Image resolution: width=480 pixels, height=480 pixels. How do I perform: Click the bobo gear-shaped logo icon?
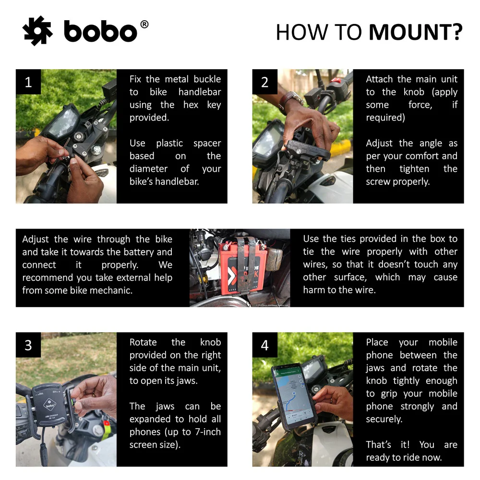(37, 31)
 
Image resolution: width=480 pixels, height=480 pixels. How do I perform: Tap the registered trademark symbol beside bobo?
(144, 24)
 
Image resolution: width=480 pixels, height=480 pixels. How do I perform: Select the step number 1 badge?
(28, 82)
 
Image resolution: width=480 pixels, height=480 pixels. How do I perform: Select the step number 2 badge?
(265, 82)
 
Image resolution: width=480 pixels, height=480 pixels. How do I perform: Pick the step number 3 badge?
(28, 345)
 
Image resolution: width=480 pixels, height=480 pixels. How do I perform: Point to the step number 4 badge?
(265, 345)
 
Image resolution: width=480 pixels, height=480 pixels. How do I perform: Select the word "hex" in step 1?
(191, 105)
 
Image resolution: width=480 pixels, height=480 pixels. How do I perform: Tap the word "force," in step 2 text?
(420, 105)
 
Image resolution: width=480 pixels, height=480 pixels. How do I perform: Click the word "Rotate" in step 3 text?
(143, 342)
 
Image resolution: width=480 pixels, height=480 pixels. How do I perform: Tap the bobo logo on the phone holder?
(49, 405)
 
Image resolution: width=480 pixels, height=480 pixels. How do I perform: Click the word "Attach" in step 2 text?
(379, 79)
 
